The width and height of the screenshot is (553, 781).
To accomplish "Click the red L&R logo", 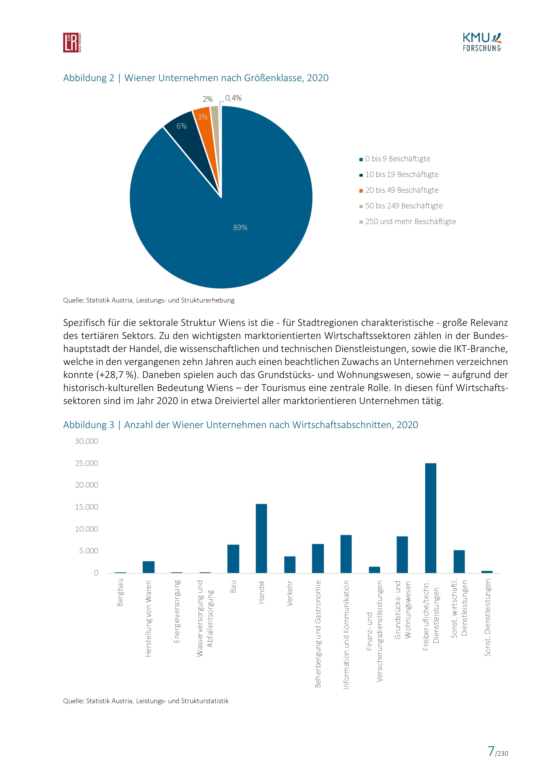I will [72, 42].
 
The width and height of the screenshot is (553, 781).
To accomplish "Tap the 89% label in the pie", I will [240, 228].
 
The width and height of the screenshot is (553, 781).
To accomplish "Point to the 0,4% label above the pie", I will [233, 98].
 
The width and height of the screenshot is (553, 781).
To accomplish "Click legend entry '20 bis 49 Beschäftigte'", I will [402, 190].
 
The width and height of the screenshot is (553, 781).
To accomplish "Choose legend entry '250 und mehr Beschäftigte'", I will [410, 221].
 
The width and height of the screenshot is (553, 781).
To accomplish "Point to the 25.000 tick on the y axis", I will [87, 463].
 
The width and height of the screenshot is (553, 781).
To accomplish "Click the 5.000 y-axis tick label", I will [89, 551].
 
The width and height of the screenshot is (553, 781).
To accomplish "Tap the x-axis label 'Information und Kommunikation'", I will [346, 635].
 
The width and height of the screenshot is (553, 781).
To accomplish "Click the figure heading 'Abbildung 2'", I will [89, 78].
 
